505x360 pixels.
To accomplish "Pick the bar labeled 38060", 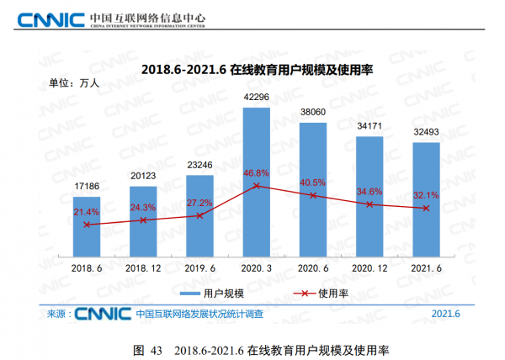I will pyautogui.click(x=313, y=189).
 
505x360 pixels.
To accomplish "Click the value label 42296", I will pyautogui.click(x=257, y=98).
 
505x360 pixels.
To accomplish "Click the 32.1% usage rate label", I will pyautogui.click(x=427, y=195).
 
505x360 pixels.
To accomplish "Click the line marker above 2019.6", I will pyautogui.click(x=199, y=215).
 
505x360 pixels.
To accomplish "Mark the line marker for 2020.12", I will pyautogui.click(x=369, y=204).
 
